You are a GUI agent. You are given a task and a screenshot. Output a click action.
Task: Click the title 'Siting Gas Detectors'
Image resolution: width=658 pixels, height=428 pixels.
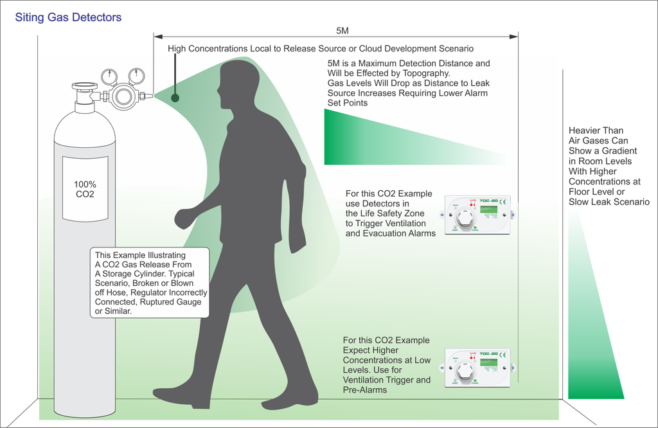68,17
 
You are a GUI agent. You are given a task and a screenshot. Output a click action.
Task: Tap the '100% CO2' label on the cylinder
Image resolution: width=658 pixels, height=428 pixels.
85,189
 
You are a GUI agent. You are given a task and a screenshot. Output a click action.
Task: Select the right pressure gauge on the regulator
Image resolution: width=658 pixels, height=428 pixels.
136,76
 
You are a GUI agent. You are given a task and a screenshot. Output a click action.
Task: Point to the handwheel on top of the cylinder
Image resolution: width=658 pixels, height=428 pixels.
85,86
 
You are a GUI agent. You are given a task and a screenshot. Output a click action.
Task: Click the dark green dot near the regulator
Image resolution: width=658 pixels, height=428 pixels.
175,98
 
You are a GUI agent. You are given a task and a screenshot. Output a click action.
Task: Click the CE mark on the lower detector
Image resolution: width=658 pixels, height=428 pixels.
502,354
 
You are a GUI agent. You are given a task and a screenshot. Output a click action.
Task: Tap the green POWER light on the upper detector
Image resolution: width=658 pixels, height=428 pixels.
476,227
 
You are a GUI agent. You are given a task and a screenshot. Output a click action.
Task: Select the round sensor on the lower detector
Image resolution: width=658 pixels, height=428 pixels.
463,371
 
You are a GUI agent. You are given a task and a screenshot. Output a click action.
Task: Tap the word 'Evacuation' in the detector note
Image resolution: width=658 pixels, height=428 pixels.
384,233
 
